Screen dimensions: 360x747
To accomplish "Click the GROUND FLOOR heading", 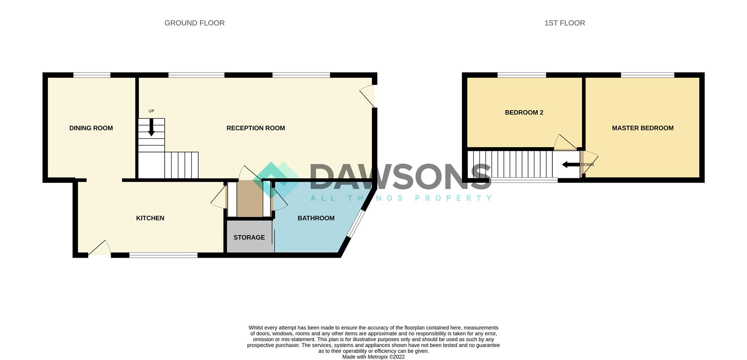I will [194, 23].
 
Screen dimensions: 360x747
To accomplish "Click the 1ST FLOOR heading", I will [564, 23].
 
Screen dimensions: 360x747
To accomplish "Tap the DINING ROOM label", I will [91, 128].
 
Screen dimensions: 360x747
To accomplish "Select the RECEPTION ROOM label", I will [256, 128].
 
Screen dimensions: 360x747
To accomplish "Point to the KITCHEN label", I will [150, 218].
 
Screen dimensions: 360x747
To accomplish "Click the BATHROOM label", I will [316, 218].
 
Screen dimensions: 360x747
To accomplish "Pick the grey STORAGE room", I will [249, 237].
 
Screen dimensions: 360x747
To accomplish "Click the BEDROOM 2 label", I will [524, 112].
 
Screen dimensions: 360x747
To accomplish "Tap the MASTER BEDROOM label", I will [642, 128].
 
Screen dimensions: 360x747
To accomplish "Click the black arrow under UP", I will [151, 128].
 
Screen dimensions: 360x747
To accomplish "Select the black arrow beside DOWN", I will [571, 165].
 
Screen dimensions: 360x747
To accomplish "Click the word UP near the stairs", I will [151, 111].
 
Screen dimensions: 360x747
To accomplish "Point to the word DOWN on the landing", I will [587, 165].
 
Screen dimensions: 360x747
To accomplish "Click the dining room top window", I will [92, 75].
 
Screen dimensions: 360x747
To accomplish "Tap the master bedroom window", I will [647, 75].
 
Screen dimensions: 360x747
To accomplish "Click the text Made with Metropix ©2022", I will [373, 356].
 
